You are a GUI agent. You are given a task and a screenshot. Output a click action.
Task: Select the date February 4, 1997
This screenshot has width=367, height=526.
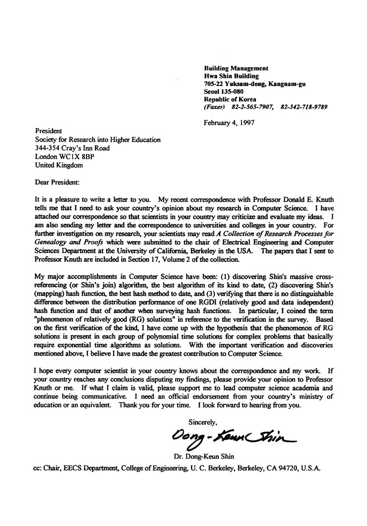pos(229,122)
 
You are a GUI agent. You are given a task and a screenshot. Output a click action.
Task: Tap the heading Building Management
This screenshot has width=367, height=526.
pos(236,69)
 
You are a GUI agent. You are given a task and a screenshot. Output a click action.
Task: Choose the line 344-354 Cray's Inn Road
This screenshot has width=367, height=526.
pos(72,148)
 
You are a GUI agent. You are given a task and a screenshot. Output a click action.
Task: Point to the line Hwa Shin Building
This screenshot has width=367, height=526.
pos(231,76)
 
